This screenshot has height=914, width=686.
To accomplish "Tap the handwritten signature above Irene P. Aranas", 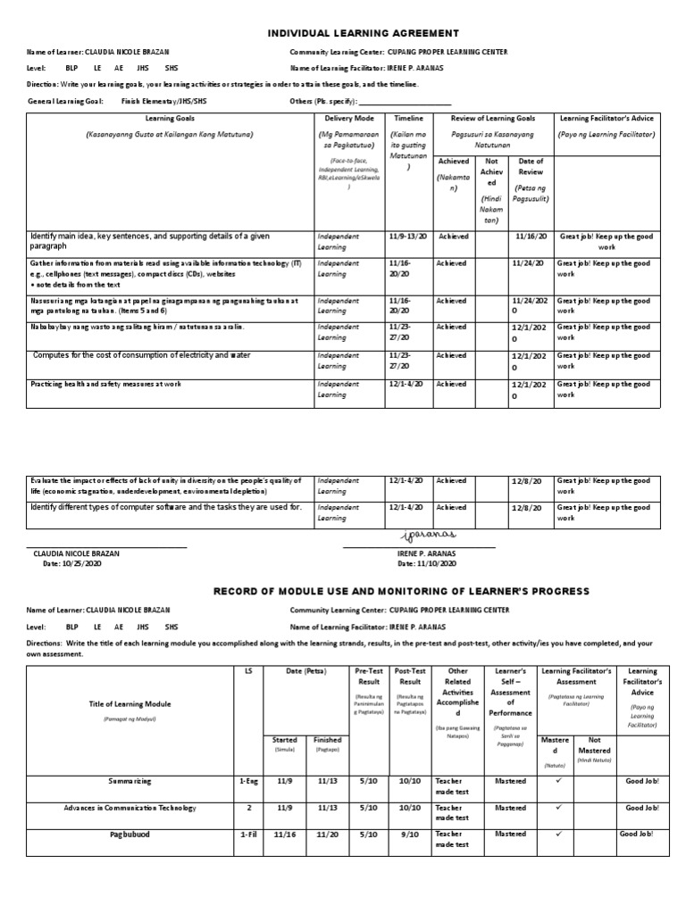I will [428, 535].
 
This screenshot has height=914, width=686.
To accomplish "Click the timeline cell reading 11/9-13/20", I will [406, 237].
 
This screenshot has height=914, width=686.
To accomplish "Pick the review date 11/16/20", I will [531, 237].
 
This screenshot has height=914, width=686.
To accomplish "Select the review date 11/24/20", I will [529, 264].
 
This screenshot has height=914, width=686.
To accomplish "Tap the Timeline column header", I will [408, 118].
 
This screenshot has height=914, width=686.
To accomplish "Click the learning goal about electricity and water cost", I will [142, 355].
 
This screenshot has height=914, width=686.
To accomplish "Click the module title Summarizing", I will [130, 781].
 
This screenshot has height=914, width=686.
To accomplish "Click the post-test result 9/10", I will [410, 835].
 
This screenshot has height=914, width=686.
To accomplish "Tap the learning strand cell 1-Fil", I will [248, 835].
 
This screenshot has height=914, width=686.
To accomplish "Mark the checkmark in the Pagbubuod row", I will [556, 835].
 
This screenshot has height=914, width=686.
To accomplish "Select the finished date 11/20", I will [327, 835].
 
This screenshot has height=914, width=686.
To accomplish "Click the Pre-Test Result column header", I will [368, 677].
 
